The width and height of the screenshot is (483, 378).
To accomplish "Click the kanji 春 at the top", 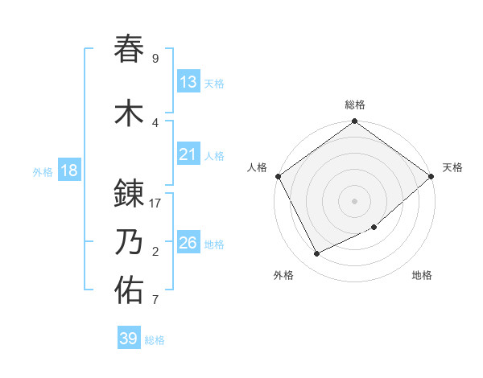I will point(130,49).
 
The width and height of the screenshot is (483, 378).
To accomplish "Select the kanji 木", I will point(130,113).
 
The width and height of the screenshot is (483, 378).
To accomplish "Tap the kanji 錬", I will point(130,194).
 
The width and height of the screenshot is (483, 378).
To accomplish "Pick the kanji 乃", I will point(130,242).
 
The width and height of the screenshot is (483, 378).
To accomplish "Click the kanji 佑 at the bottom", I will point(130,290).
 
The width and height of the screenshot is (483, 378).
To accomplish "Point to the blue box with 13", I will point(188,82).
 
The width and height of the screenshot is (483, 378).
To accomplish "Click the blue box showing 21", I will point(188,154).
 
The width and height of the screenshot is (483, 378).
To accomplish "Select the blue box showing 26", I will point(188,243).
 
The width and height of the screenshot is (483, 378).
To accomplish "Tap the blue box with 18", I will point(68,171).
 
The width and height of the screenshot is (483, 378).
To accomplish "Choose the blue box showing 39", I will point(128,339).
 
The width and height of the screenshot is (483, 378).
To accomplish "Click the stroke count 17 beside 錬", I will point(155,203).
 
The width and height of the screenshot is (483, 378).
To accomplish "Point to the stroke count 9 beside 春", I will point(155,59).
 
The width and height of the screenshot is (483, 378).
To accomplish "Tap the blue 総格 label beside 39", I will point(155,340).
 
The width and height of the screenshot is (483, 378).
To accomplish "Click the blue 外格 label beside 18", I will point(43,172).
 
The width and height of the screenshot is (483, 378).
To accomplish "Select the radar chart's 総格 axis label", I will point(354,105).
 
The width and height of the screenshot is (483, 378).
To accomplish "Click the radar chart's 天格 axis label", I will point(452,167).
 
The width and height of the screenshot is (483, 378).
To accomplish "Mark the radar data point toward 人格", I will point(278,176).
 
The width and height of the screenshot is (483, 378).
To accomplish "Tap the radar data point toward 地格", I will point(374,228).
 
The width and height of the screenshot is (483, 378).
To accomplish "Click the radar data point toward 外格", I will point(317,253).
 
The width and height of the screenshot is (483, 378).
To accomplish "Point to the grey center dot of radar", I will point(354,200).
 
